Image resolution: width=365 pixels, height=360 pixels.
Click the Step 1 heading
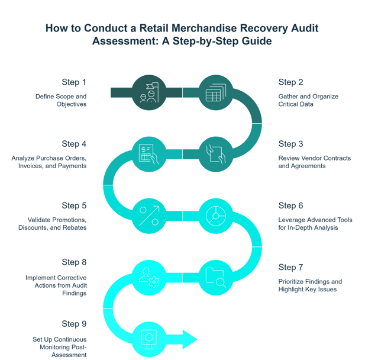coord(74,82)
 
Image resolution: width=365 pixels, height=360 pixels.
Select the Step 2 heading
coord(290,82)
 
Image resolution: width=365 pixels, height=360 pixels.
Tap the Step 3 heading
coord(290,144)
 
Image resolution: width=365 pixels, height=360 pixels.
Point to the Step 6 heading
coord(290,205)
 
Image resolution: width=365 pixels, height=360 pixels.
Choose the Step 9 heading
coord(74,324)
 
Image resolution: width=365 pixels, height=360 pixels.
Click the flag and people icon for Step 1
coord(149,93)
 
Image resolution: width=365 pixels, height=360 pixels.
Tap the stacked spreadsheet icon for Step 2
coord(215,93)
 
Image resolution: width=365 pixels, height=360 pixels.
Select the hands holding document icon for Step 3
coord(215,154)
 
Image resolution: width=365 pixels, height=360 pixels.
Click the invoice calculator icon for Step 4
coord(149,154)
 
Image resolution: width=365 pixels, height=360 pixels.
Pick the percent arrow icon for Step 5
coord(149,216)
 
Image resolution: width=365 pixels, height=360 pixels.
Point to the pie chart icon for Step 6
coord(215,216)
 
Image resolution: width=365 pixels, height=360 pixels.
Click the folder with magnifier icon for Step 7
coord(215,277)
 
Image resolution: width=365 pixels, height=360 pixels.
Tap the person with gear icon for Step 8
coord(149,277)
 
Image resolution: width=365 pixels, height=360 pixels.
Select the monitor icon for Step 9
coord(149,339)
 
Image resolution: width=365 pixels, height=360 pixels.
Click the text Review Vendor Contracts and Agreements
coord(314,162)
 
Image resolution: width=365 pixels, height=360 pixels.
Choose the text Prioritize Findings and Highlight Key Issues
coord(309,285)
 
